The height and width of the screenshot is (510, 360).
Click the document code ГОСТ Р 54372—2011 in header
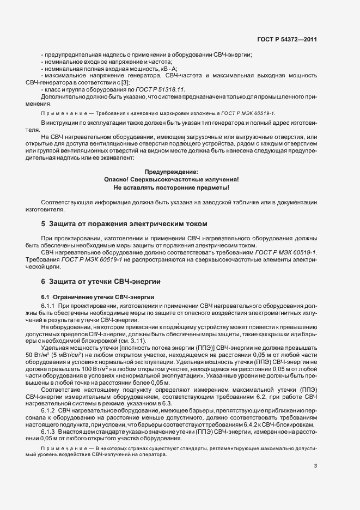286,39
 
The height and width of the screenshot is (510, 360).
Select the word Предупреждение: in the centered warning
171,172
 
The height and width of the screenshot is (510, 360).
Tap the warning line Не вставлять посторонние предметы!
171,187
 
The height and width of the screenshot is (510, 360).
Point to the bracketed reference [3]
125,82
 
